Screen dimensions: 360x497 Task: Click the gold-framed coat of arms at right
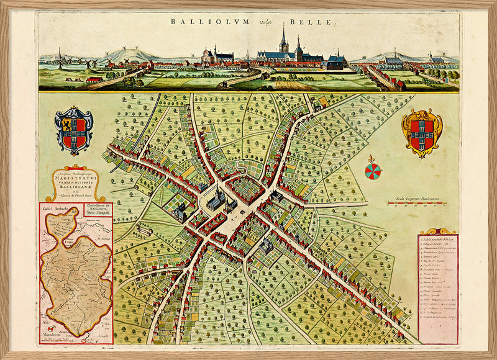tap(422, 132)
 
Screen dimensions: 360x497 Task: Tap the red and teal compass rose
tap(373, 172)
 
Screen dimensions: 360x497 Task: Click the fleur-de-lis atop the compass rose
tap(373, 158)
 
